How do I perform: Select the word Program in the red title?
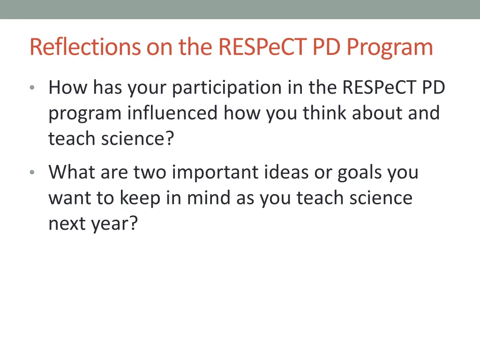tap(390, 47)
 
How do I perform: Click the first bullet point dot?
tap(31, 88)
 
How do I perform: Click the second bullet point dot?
tap(31, 172)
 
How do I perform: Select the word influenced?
tap(172, 113)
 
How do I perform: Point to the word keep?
tap(139, 198)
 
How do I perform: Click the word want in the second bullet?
tap(69, 198)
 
